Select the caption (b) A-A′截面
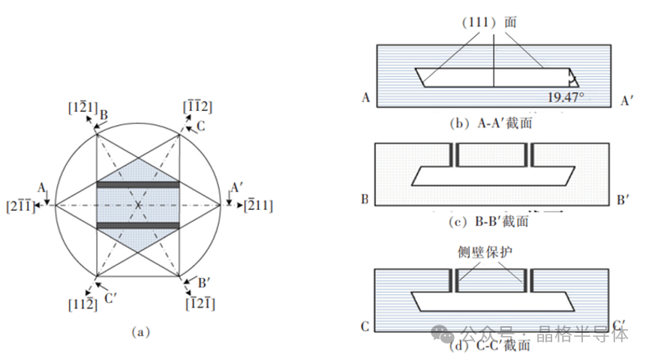pyautogui.click(x=491, y=123)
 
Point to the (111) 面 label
pyautogui.click(x=493, y=22)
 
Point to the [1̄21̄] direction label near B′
pyautogui.click(x=201, y=303)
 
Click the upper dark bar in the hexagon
pyautogui.click(x=138, y=184)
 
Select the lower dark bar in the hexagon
pyautogui.click(x=138, y=225)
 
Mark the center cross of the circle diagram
pyautogui.click(x=138, y=204)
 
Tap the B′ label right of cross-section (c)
pyautogui.click(x=622, y=199)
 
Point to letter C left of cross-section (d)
pyautogui.click(x=365, y=327)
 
